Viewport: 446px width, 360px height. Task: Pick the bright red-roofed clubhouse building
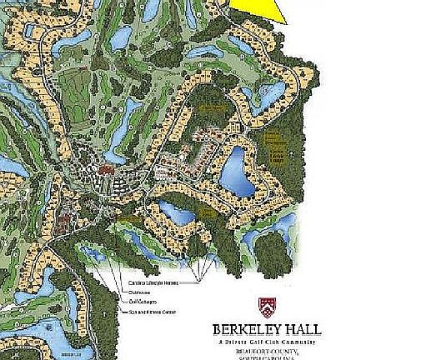(x=106, y=170)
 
